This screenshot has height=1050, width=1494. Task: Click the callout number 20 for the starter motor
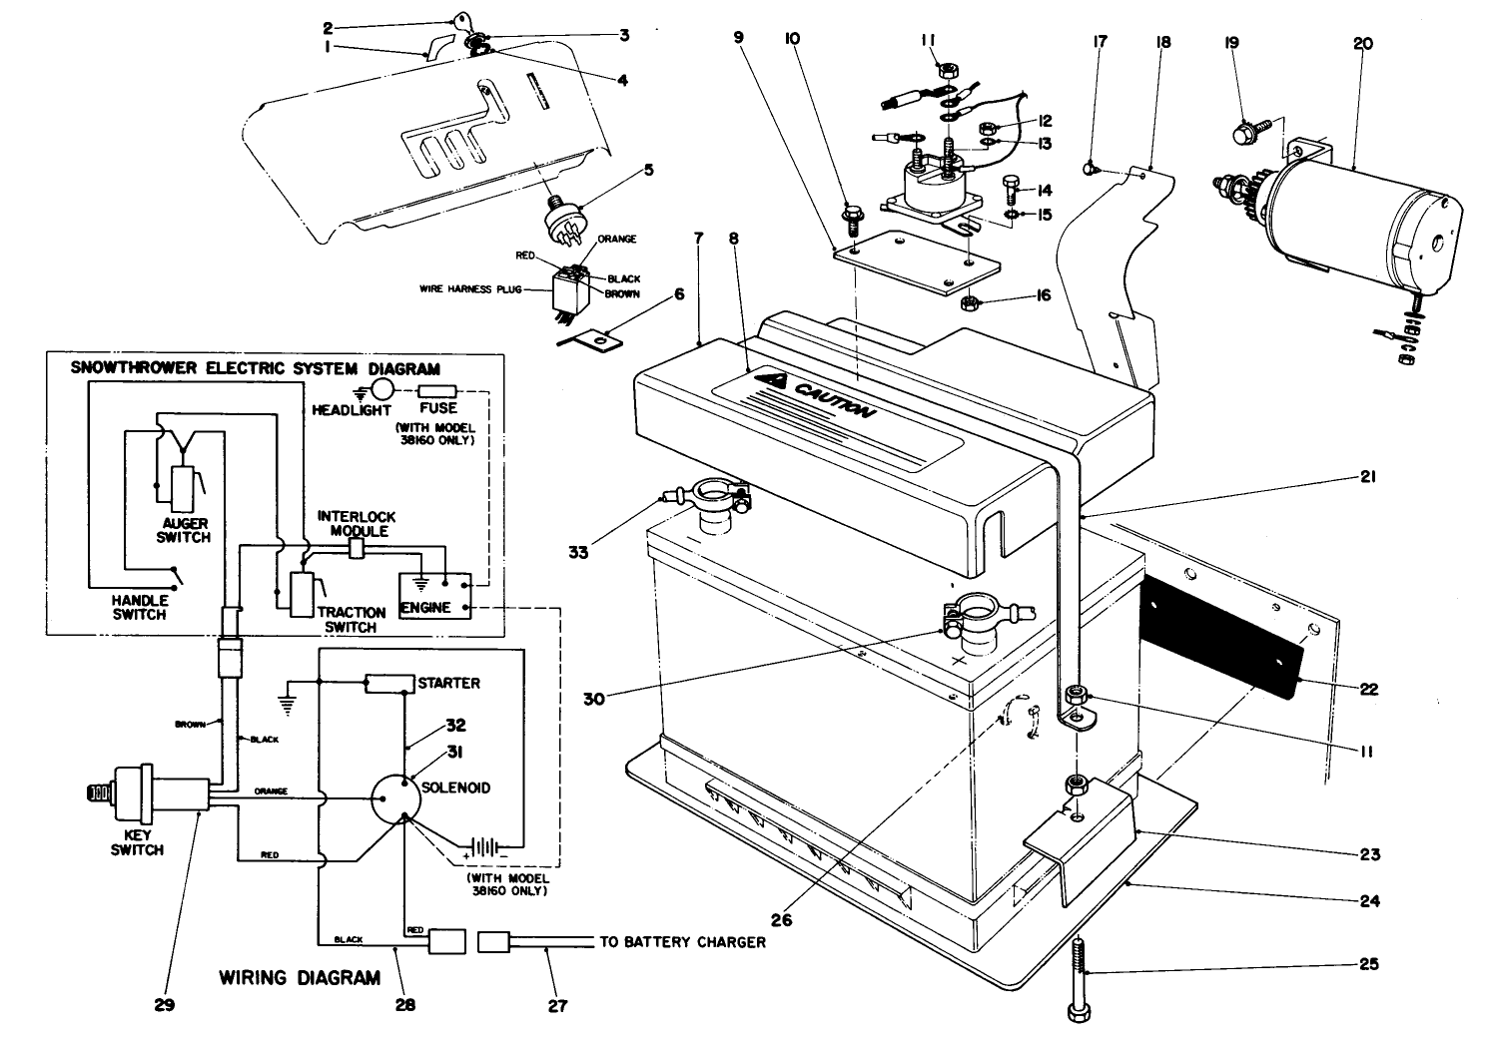tap(1363, 43)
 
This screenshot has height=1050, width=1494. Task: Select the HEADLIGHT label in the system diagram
tap(349, 409)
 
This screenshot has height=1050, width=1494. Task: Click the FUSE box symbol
tap(437, 391)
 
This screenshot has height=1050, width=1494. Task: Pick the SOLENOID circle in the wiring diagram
tap(405, 798)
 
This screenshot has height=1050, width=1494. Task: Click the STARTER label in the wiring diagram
tap(448, 684)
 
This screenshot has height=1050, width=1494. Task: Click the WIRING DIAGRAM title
tap(300, 977)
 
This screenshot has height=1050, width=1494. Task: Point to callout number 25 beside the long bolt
tap(1368, 964)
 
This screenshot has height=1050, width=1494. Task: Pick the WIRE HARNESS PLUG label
tap(469, 289)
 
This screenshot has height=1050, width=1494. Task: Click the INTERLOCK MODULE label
tap(357, 524)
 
